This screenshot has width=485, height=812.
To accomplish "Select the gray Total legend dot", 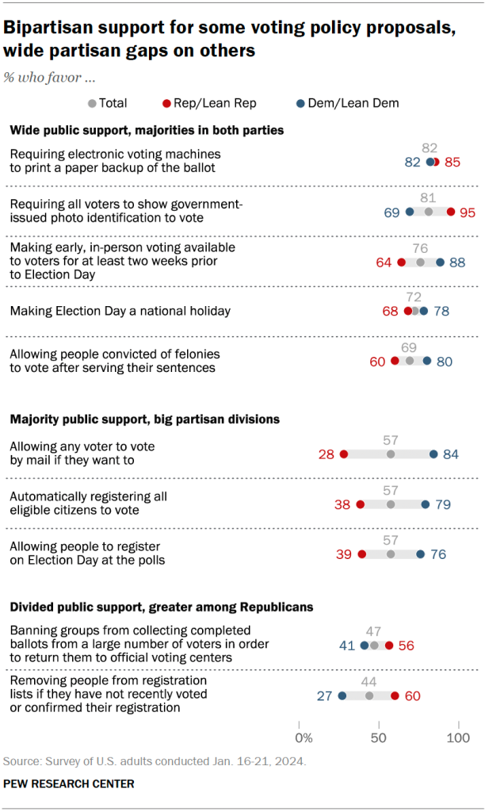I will [92, 103].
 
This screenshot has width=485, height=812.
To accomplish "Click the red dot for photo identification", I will [451, 212].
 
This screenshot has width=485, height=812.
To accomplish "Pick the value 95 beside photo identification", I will [467, 212].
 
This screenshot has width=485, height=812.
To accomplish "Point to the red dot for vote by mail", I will [344, 454].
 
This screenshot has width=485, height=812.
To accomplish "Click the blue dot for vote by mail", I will [433, 454].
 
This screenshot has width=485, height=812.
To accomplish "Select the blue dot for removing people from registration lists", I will [342, 695].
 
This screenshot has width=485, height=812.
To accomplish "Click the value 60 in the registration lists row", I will [411, 695].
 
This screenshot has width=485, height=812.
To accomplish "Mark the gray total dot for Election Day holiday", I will [415, 311].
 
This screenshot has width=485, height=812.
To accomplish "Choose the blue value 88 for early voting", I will [457, 262].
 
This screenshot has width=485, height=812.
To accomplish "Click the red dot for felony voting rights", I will [395, 361].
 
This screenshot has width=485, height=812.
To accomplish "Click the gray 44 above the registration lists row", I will [369, 681].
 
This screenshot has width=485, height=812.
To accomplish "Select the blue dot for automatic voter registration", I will [426, 504].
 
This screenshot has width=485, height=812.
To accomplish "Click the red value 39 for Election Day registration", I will [344, 554].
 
